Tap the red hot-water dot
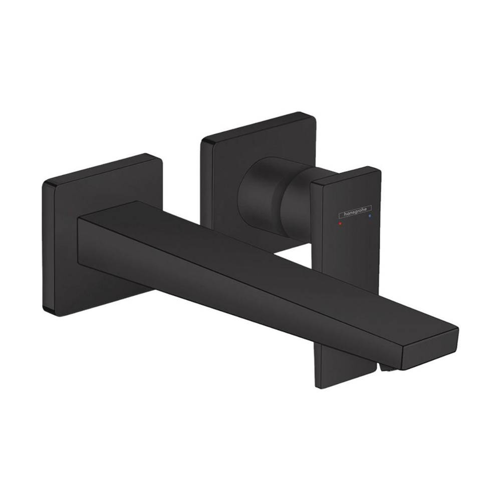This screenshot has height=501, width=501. coord(341,225)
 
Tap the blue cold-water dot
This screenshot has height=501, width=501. coord(370,217)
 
